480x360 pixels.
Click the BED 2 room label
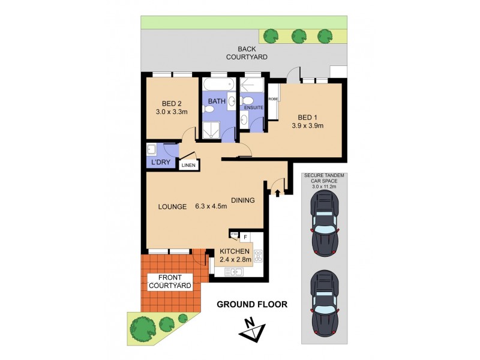(160, 103)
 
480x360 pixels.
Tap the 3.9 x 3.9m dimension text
(307, 126)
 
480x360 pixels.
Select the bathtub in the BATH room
(220, 83)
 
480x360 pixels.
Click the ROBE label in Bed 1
(273, 99)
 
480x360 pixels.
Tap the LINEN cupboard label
(188, 166)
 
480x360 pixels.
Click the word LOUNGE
(172, 206)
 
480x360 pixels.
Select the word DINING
(243, 200)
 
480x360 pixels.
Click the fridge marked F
(245, 236)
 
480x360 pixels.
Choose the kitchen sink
(233, 272)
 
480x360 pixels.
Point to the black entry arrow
(277, 193)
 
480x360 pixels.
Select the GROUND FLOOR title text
(252, 304)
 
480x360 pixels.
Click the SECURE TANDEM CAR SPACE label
(325, 180)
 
